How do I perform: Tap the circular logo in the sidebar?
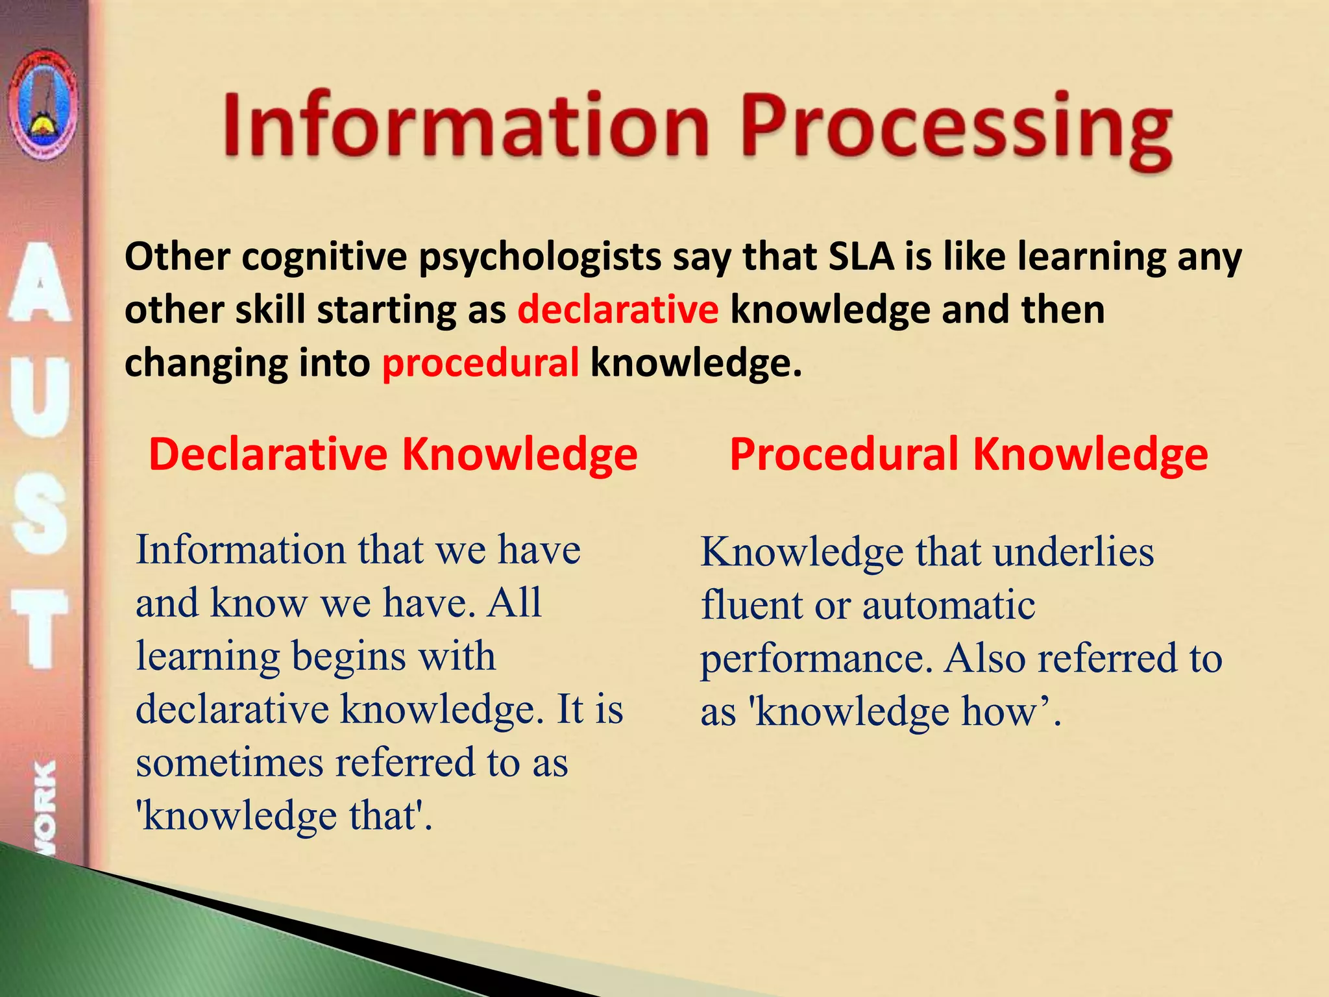coord(43,106)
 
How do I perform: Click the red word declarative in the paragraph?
coord(618,310)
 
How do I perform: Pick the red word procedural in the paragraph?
coord(480,363)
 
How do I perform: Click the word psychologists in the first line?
coord(539,258)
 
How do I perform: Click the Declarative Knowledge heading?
coord(393,454)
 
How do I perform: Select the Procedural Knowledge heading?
coord(968,454)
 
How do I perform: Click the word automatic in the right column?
coord(948,606)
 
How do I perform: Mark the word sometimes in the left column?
coord(229,762)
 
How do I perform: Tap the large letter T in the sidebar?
coord(40,629)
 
